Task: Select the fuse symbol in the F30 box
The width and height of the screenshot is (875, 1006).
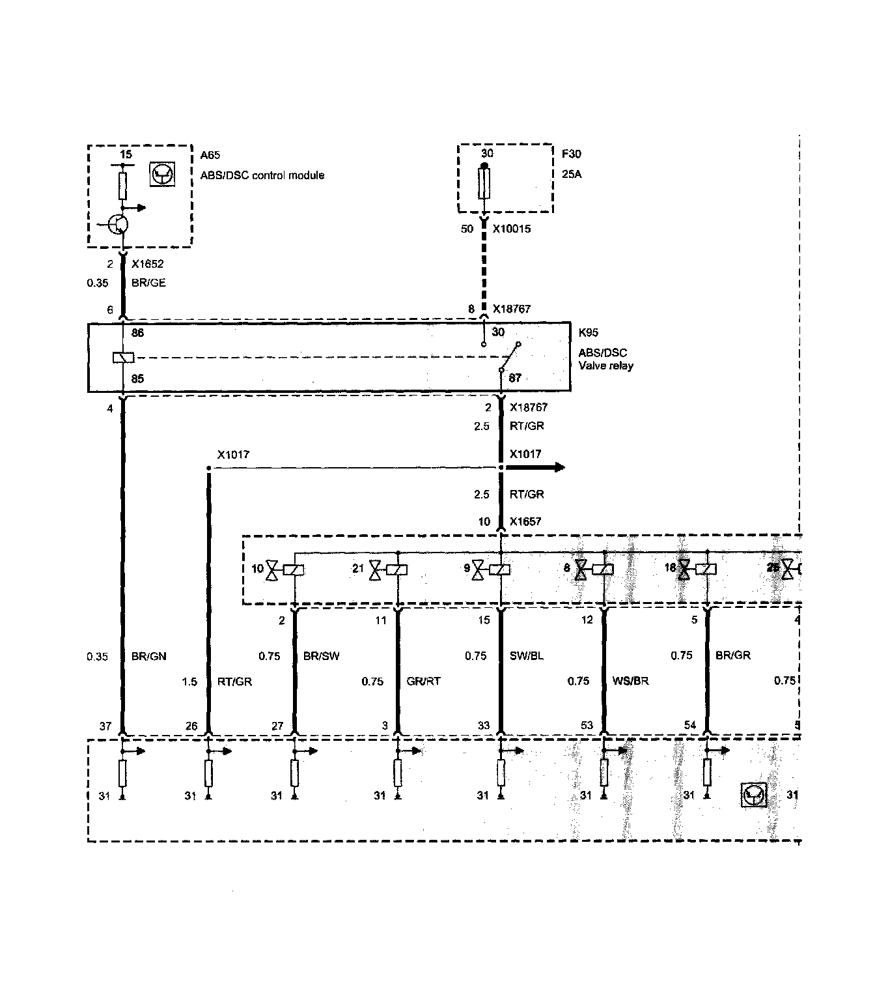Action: point(484,184)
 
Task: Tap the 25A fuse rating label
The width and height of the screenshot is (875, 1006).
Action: point(572,175)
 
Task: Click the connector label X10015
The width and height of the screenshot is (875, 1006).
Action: point(511,229)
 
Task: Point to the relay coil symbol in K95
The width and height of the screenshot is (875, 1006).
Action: point(123,357)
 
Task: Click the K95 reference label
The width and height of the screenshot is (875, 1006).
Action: point(588,333)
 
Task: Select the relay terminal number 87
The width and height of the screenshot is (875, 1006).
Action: point(514,378)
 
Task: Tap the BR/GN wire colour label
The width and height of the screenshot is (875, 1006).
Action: point(149,657)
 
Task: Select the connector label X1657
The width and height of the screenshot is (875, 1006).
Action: point(525,521)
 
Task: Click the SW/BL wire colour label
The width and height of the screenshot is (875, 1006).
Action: point(527,656)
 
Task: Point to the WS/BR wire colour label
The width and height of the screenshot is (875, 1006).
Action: point(631,681)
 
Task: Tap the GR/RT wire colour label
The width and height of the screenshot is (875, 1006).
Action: point(423,681)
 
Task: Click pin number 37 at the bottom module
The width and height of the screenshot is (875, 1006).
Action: point(105,726)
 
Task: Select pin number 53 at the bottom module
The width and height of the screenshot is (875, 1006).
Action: point(587,726)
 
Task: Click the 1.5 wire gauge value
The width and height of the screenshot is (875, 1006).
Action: point(189,682)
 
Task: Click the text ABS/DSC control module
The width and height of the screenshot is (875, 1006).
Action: point(262,175)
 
